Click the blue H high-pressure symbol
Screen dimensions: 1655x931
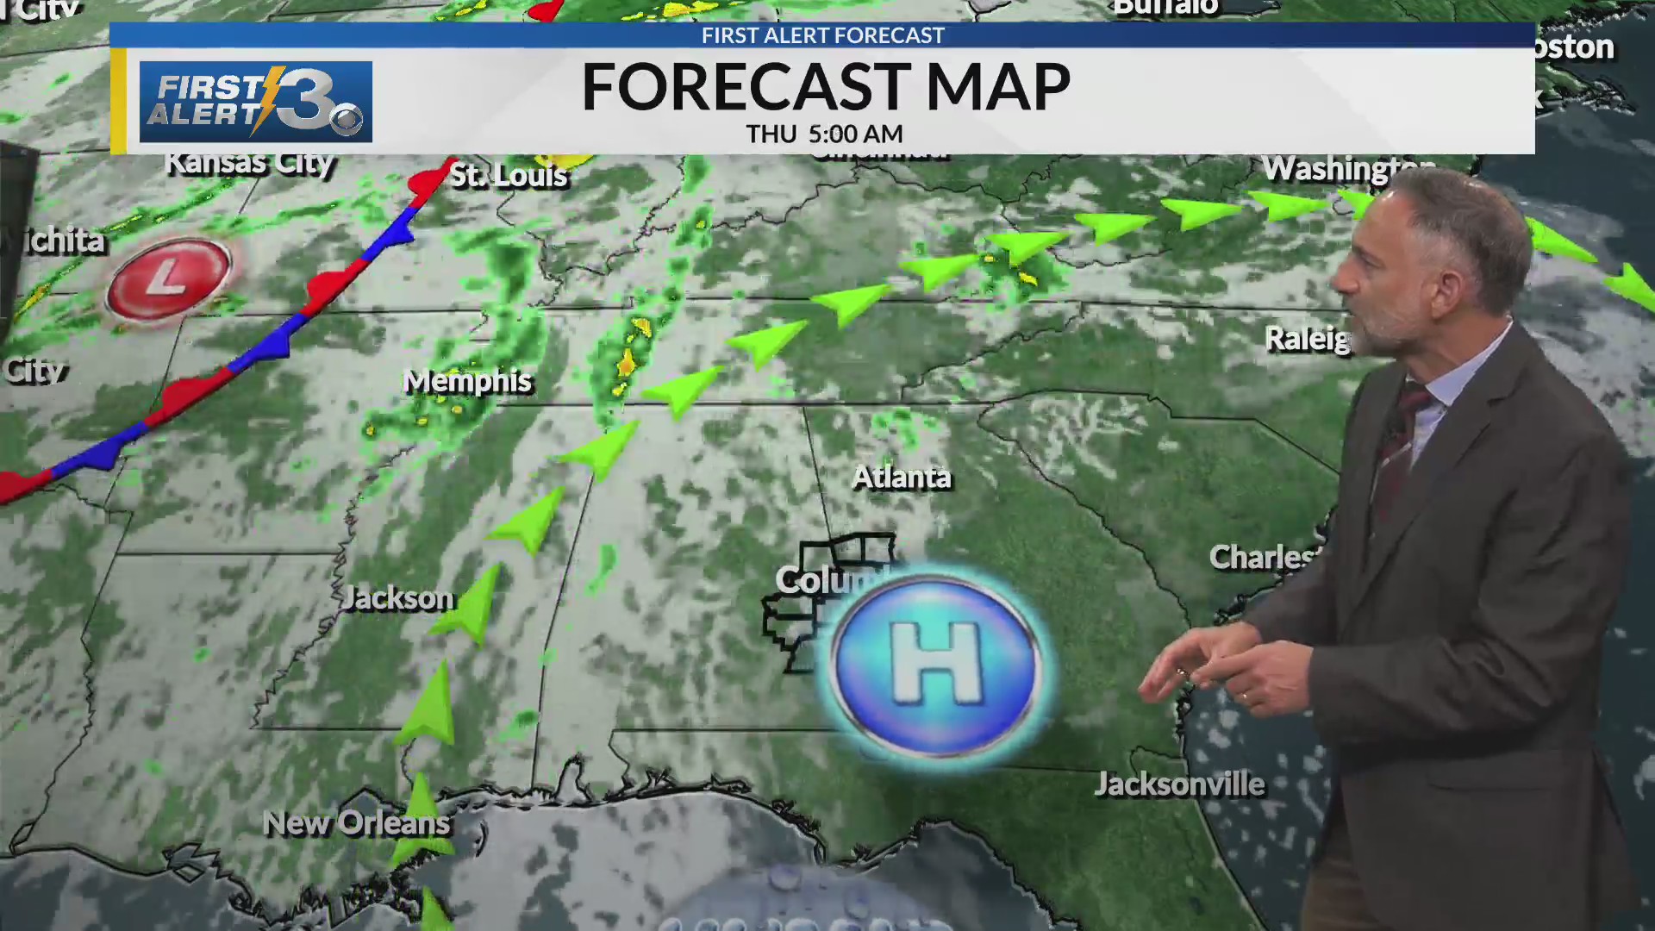tap(935, 666)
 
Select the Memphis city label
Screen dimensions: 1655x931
tap(468, 381)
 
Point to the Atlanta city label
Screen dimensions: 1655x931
tap(902, 477)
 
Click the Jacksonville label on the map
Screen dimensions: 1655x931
tap(1179, 784)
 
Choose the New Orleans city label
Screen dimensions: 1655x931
tap(356, 823)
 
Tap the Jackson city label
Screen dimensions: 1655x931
tap(397, 597)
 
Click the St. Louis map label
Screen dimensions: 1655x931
tap(509, 176)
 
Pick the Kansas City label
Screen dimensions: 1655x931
tap(249, 162)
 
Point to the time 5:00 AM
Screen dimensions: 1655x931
tap(855, 134)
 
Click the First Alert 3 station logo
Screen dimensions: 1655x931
tap(255, 102)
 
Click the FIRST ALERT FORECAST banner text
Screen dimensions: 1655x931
tap(822, 35)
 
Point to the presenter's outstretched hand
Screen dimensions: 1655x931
tap(1207, 668)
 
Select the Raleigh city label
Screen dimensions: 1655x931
tap(1307, 339)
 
